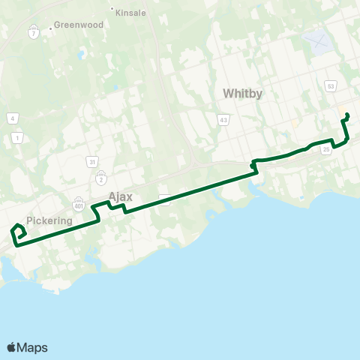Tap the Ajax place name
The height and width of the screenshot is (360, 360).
pyautogui.click(x=120, y=196)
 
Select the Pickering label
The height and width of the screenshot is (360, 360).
pyautogui.click(x=49, y=220)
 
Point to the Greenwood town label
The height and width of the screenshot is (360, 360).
pyautogui.click(x=77, y=25)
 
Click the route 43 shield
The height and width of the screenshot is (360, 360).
pyautogui.click(x=223, y=119)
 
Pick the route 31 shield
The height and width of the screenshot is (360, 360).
pyautogui.click(x=91, y=161)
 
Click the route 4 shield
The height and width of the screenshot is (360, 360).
pyautogui.click(x=13, y=118)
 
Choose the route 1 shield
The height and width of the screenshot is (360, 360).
pyautogui.click(x=17, y=137)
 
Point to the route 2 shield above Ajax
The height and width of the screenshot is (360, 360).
pyautogui.click(x=101, y=179)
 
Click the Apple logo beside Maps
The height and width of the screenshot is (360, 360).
pyautogui.click(x=11, y=347)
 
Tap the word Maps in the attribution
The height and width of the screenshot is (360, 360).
pyautogui.click(x=32, y=347)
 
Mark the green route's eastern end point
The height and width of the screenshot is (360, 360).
pyautogui.click(x=347, y=115)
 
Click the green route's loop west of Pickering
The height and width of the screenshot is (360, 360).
pyautogui.click(x=18, y=232)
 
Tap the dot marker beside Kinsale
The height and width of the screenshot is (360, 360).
pyautogui.click(x=112, y=10)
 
